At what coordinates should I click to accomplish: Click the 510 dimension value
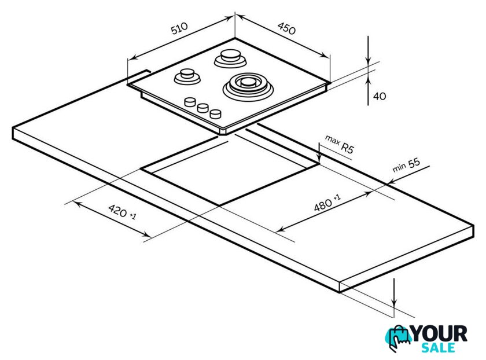(179, 28)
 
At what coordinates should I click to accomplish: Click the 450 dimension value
(286, 28)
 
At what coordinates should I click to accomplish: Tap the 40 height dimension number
(380, 96)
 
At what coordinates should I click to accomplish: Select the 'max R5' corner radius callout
(340, 144)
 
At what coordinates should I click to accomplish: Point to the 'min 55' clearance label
(406, 165)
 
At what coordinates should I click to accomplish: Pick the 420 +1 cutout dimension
(122, 212)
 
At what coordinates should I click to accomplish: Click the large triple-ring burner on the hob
(248, 86)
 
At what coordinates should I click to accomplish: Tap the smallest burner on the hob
(187, 76)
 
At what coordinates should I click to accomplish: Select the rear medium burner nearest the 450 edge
(230, 58)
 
